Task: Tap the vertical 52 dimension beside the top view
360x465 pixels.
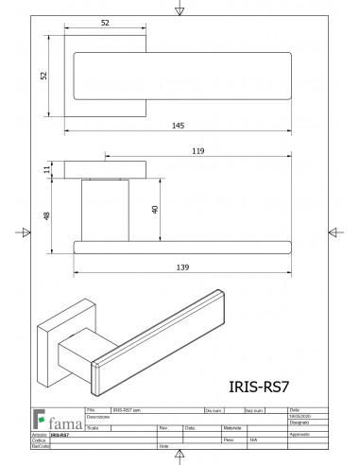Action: pyautogui.click(x=43, y=78)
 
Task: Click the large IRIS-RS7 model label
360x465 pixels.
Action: pyautogui.click(x=259, y=385)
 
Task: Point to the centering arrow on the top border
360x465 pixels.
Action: pyautogui.click(x=180, y=9)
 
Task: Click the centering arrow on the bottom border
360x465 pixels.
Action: pyautogui.click(x=180, y=457)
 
